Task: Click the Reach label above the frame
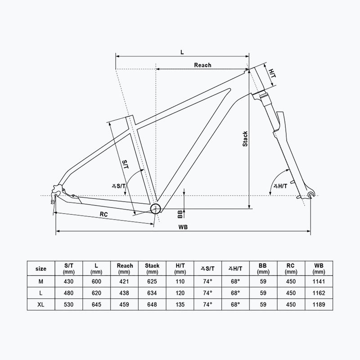[x=202, y=65]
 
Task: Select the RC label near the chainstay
[x=104, y=214]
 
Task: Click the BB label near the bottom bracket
[x=179, y=212]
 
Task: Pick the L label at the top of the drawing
[x=182, y=52]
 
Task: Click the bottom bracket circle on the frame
[x=156, y=208]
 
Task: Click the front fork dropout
[x=310, y=194]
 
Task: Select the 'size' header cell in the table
[x=40, y=269]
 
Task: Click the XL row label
[x=40, y=305]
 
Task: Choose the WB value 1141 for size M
[x=319, y=281]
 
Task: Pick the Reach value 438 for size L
[x=125, y=293]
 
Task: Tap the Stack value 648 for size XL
[x=152, y=305]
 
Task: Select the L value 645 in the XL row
[x=96, y=305]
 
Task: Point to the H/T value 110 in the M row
[x=180, y=281]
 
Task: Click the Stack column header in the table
[x=152, y=269]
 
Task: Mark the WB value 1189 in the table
[x=319, y=305]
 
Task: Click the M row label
[x=40, y=281]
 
